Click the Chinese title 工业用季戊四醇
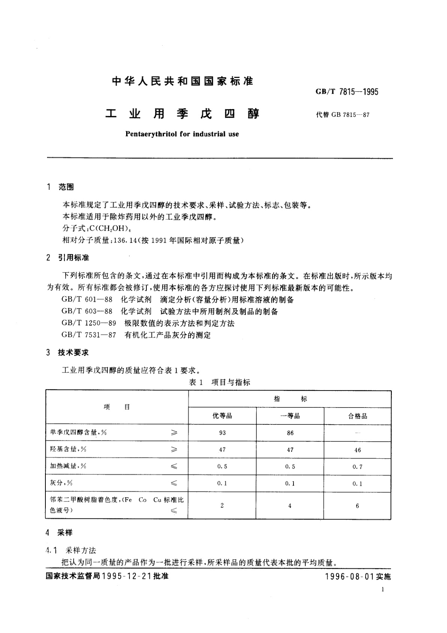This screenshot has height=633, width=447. point(183,114)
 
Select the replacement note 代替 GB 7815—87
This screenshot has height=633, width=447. point(343,115)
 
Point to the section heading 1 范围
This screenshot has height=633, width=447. point(60,187)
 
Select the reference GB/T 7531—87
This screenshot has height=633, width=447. point(89,335)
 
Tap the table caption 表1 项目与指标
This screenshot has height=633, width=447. point(219,382)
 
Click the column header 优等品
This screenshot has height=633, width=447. point(222,416)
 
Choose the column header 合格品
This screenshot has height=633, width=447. point(357,416)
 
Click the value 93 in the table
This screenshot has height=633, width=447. point(222,433)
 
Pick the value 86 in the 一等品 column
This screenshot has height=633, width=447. point(290,433)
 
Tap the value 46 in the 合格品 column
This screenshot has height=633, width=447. point(357,450)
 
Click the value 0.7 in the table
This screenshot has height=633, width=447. point(357,467)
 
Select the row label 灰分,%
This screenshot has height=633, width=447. point(61,483)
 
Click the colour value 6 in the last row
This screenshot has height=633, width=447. point(357,506)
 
